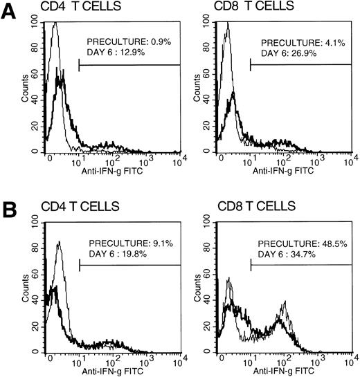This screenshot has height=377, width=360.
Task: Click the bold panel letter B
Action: [x=10, y=208]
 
